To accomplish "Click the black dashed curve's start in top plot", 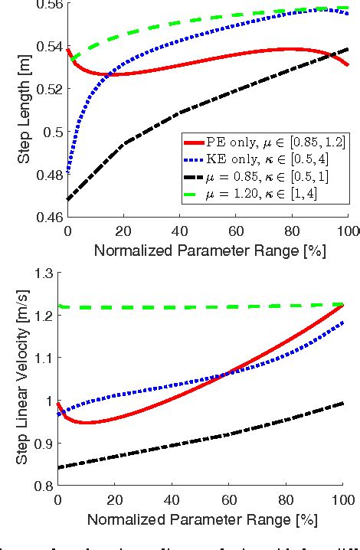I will (x=68, y=199).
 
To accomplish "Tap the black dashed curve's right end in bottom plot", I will (x=343, y=403).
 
